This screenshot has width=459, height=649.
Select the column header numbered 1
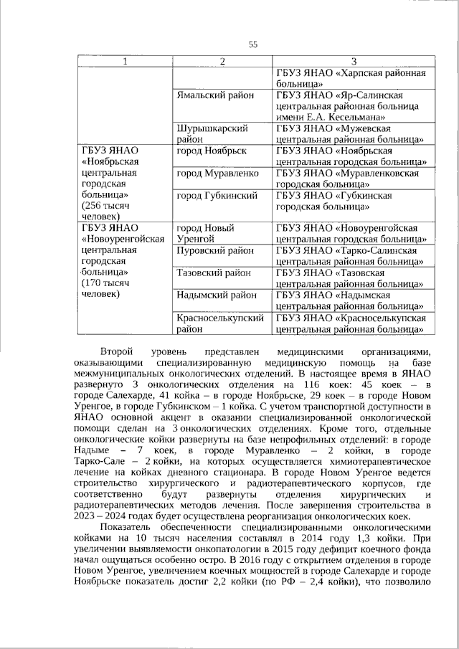[126, 62]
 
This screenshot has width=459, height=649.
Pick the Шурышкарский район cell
[212, 133]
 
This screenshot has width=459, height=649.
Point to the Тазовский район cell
[214, 273]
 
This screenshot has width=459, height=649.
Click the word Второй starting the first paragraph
[118, 351]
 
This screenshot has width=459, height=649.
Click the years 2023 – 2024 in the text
[101, 516]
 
